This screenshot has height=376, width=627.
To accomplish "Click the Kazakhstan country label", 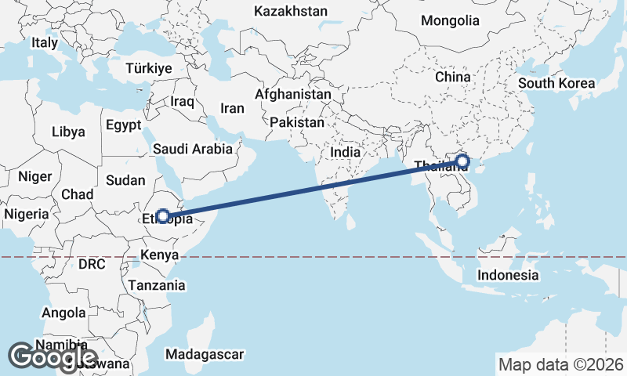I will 291,11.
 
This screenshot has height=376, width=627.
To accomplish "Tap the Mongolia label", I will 450,20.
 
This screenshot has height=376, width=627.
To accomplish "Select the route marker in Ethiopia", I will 163,215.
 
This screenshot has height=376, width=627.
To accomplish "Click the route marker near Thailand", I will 462,161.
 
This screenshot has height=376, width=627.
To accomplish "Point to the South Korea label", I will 556,83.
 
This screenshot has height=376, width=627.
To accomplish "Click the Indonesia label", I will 508,275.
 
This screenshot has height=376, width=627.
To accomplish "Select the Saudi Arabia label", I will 193,148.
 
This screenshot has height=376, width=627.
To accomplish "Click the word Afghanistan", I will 293,93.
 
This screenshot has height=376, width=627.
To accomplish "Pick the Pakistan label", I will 296,123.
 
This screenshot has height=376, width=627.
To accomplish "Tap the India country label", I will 346,152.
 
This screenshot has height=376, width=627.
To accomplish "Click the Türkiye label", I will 148,69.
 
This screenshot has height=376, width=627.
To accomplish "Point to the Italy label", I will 45,42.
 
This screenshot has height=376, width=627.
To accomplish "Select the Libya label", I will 68,132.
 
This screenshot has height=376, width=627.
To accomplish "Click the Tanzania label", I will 158,285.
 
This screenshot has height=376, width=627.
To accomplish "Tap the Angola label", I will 64,313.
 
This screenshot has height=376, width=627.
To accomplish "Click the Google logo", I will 53,357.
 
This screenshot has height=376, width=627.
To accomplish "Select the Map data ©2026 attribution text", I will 560,364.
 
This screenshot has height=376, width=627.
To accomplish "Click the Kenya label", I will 159,255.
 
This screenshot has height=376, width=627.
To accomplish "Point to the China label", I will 453,77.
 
